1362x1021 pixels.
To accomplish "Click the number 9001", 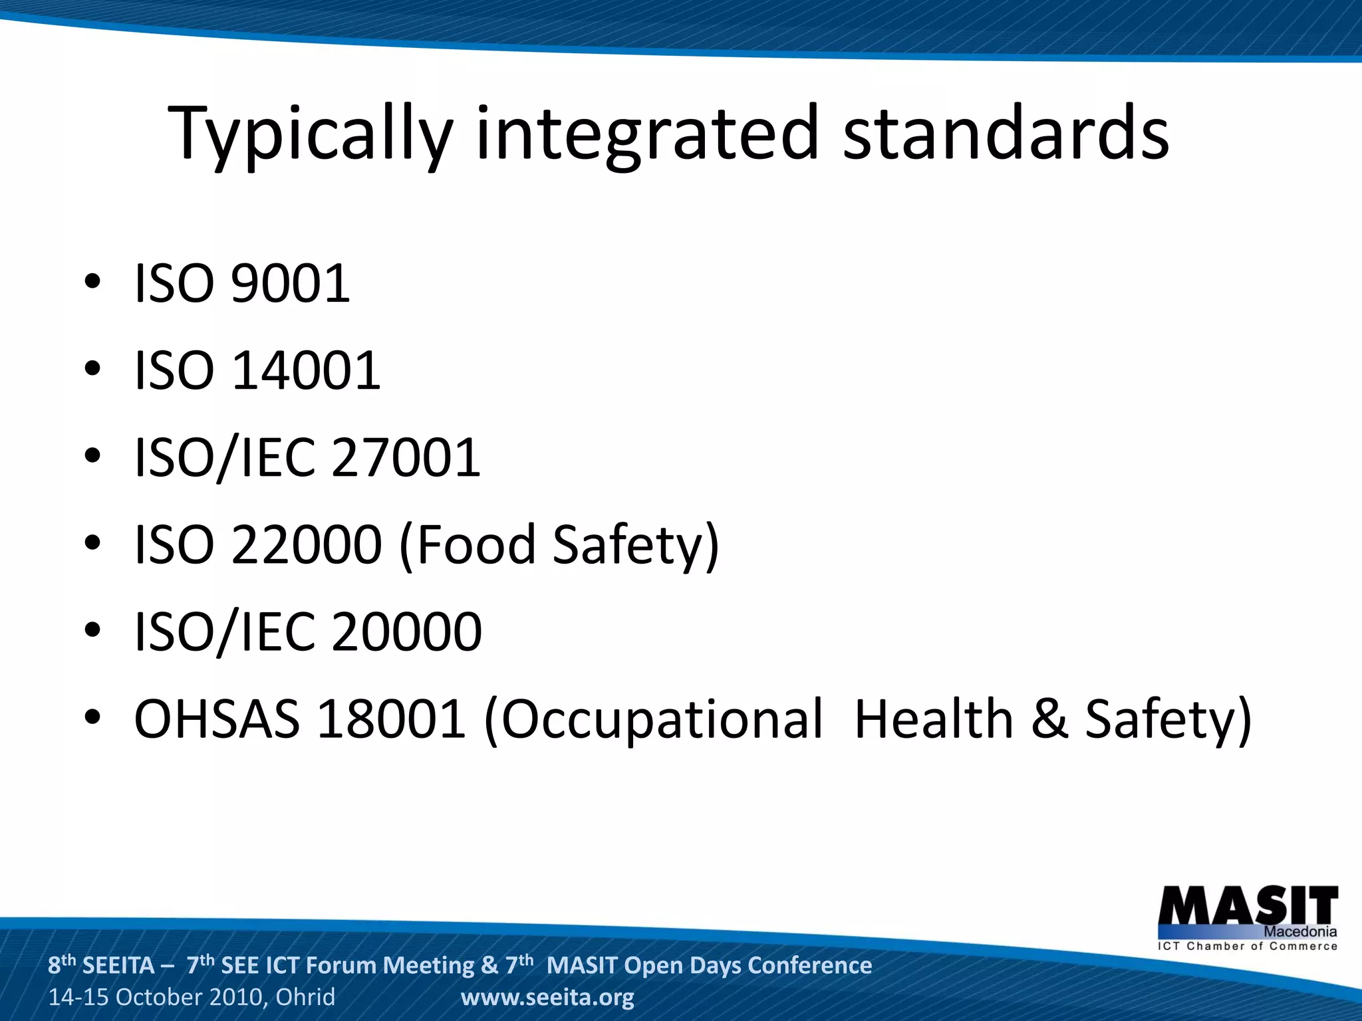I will coord(291,284).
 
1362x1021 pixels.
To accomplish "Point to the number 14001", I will coord(306,371).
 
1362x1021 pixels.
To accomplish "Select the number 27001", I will coord(406,458).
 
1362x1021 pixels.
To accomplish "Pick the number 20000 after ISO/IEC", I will coord(406,632).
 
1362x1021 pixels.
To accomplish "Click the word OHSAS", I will coord(217,719).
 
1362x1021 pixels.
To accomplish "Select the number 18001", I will coord(391,719).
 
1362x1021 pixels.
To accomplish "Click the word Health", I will coord(933,719).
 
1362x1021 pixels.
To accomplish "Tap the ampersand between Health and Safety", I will coord(1049,721).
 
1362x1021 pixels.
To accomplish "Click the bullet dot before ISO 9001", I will coord(92,282).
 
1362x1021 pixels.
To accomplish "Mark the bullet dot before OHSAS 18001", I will coord(92,717).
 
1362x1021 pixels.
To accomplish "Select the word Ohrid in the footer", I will coord(305,997).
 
